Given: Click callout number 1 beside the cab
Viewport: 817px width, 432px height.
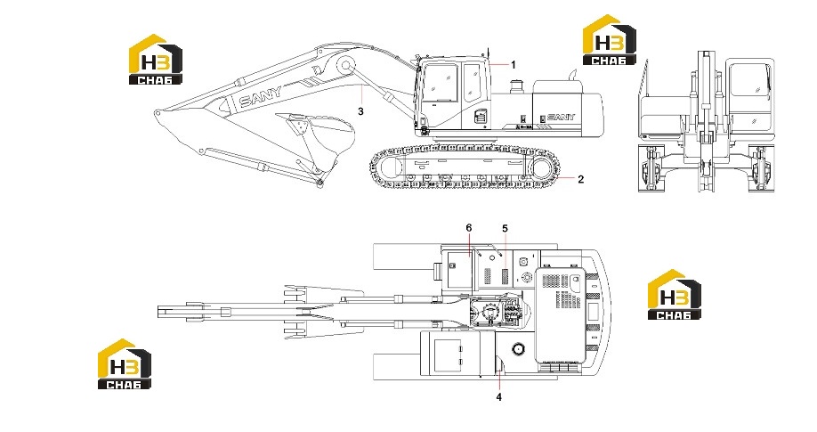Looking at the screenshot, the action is coord(514,65).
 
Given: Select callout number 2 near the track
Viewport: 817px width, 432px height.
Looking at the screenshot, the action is coord(581,179).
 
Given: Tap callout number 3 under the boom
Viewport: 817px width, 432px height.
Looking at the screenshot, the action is coord(360,110).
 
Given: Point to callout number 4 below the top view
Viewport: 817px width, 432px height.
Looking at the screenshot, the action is coord(498,397).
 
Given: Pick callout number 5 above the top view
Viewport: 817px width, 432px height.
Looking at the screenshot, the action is coord(505,229).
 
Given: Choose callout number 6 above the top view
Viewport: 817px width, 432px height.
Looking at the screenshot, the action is coord(469,228).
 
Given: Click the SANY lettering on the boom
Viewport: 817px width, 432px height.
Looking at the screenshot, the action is coord(261,96).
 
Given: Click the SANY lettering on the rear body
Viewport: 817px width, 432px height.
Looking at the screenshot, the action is coord(562,118).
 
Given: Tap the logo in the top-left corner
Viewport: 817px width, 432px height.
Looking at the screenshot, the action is coord(155,59).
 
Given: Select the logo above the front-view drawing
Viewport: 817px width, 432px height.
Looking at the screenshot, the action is coord(609,40).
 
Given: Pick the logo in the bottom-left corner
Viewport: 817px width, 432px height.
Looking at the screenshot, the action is coord(125,363).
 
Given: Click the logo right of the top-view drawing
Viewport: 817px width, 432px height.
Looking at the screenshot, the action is coord(675,294).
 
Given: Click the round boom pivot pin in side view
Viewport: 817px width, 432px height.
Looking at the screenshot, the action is coord(345,66).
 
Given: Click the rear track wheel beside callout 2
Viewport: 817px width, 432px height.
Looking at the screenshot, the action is coord(541,168).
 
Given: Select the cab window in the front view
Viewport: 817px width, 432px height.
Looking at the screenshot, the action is coord(749,78).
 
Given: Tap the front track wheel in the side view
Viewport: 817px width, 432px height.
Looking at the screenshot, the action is coord(391,167).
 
